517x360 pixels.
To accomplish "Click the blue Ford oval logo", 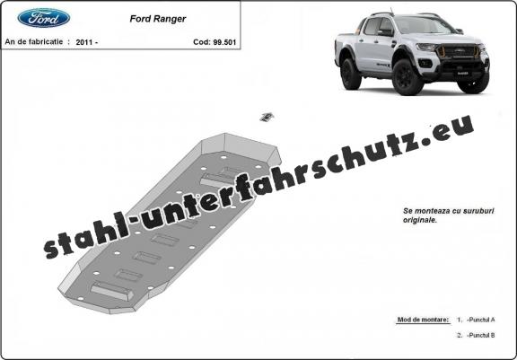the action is tap(44, 18).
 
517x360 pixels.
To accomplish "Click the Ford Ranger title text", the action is tap(158, 19).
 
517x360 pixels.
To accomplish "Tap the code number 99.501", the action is tap(224, 42).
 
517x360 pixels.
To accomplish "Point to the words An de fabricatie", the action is tap(33, 42).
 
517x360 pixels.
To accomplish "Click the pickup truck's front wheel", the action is tap(407, 77).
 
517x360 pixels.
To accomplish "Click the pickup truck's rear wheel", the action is tap(350, 74).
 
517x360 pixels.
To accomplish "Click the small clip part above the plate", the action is tap(267, 117).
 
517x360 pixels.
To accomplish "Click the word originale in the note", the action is tap(419, 220).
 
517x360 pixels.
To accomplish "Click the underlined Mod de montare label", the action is tap(423, 320).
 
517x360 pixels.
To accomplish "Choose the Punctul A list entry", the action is tap(481, 320).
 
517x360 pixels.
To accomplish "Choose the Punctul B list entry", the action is tap(481, 335).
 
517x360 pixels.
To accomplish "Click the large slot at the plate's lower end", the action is tap(112, 291).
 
